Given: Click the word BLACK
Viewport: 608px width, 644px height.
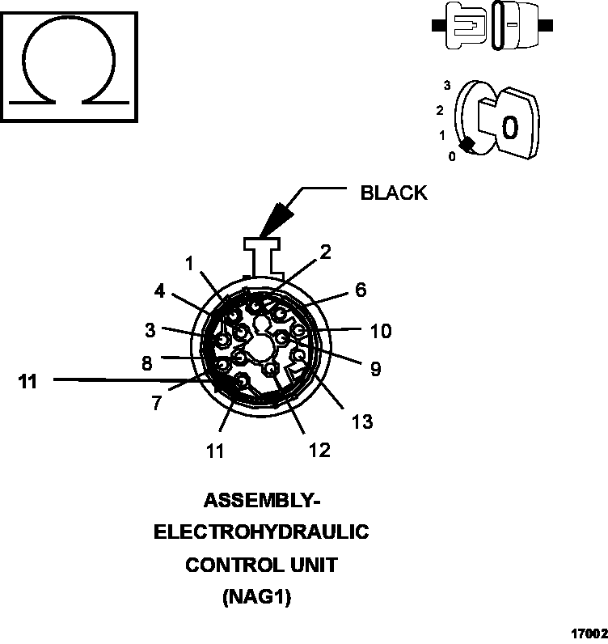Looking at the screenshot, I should (x=393, y=193).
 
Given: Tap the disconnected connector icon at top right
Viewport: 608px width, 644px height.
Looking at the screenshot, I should (x=493, y=25).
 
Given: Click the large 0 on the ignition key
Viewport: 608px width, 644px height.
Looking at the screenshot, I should (x=509, y=128).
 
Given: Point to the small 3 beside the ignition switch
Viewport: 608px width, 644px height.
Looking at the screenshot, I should (x=446, y=84).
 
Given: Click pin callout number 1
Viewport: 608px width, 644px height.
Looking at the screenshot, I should (x=189, y=263).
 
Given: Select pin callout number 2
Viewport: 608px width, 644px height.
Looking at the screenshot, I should (x=325, y=252).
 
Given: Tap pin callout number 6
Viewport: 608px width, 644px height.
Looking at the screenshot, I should (x=361, y=290).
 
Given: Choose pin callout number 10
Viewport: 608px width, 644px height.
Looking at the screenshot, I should (x=380, y=331).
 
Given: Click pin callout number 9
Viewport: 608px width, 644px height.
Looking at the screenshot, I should (x=375, y=369).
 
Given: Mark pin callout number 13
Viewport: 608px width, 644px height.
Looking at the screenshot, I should (x=362, y=422).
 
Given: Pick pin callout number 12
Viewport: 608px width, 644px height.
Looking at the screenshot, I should (x=319, y=450).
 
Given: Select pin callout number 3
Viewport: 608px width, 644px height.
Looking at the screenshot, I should (x=150, y=330).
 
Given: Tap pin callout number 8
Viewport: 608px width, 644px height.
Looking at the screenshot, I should (x=146, y=363).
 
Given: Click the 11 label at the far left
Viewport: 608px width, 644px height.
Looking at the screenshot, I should (x=28, y=382).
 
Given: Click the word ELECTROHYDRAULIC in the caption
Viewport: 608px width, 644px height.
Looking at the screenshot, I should (x=261, y=532).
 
